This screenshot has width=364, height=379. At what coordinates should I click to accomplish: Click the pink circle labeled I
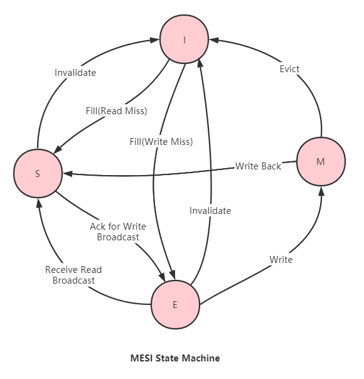point(184,40)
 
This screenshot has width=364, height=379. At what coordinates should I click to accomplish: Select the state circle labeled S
point(38,173)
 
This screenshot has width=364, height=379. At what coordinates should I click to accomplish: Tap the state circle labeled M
point(321,161)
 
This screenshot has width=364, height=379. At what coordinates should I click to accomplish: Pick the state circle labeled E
point(176,304)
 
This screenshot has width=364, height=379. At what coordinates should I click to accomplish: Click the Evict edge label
point(289,69)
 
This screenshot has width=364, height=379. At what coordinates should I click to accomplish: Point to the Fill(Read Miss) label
point(117,111)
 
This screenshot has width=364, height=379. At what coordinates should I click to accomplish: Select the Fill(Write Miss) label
point(161,142)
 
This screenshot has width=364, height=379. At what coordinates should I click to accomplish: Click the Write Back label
point(258,166)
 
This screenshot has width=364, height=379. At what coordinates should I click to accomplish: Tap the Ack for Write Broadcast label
point(118,232)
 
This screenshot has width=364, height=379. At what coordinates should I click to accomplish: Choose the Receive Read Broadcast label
point(73,275)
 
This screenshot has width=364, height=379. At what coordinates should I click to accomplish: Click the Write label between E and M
point(281,260)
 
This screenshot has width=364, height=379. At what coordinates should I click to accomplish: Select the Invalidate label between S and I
point(75,73)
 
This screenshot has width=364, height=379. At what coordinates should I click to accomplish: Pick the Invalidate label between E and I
point(210,211)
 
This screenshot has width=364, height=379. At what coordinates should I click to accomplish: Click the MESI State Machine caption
point(175,358)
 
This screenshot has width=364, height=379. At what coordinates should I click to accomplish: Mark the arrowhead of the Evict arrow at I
point(213,40)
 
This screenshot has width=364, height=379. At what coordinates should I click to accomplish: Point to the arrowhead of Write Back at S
point(68,174)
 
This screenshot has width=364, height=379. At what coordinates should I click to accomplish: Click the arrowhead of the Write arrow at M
point(321,191)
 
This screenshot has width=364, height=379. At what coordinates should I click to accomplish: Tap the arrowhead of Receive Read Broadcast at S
point(39,203)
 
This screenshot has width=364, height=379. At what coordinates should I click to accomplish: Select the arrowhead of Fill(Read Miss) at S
point(58,149)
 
